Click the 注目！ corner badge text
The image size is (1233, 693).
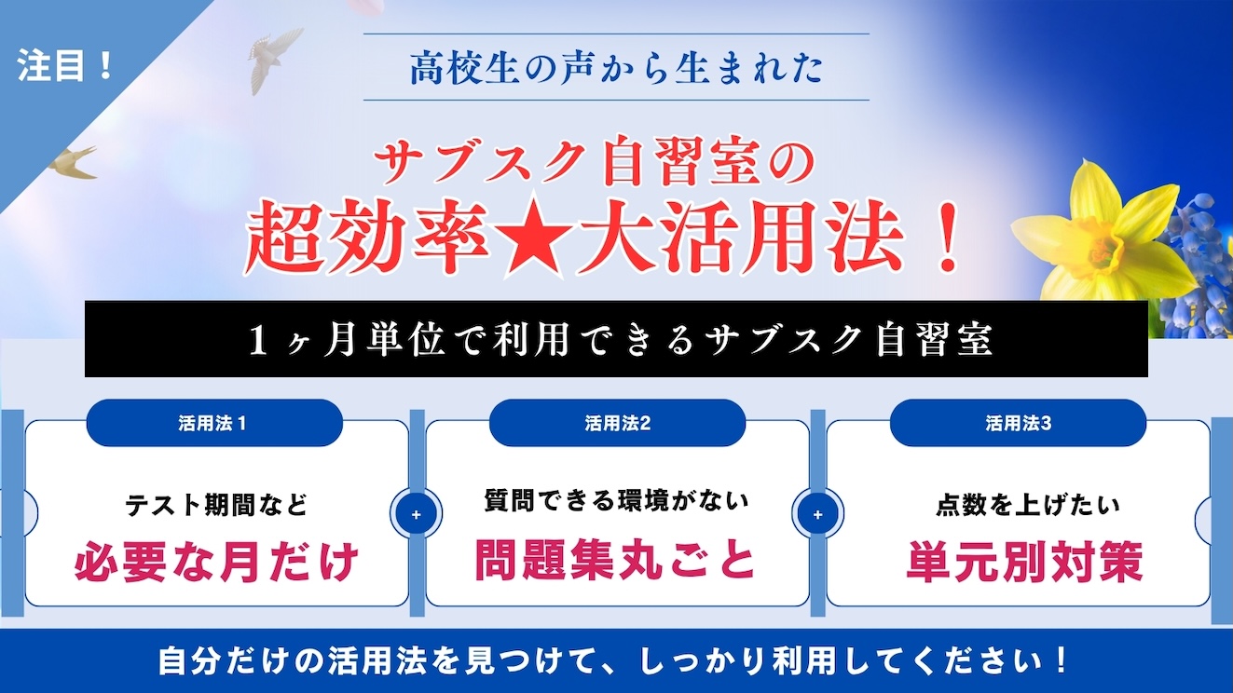pyautogui.click(x=65, y=65)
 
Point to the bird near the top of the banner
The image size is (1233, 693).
pyautogui.click(x=274, y=57)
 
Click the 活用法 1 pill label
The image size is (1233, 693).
pyautogui.click(x=212, y=423)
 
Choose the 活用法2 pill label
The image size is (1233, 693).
pyautogui.click(x=618, y=423)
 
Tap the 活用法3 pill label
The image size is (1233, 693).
pyautogui.click(x=1019, y=423)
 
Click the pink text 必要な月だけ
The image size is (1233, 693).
pyautogui.click(x=216, y=562)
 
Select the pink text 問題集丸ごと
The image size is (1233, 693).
pyautogui.click(x=615, y=561)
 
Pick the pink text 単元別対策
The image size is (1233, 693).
pyautogui.click(x=1024, y=561)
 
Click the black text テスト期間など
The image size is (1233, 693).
pyautogui.click(x=216, y=505)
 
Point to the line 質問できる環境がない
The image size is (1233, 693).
pyautogui.click(x=617, y=500)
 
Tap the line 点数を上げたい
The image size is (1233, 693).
pyautogui.click(x=1028, y=505)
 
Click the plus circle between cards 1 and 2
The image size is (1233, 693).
pyautogui.click(x=417, y=514)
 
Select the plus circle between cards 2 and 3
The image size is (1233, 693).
pyautogui.click(x=818, y=514)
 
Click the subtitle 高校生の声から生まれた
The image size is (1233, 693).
pyautogui.click(x=617, y=68)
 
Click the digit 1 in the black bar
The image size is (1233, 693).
pyautogui.click(x=257, y=340)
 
